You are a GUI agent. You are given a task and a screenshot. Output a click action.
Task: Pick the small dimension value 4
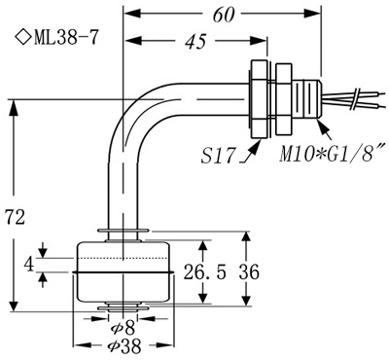[x=30, y=264]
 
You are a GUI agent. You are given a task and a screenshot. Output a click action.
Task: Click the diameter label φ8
[x=124, y=328]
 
